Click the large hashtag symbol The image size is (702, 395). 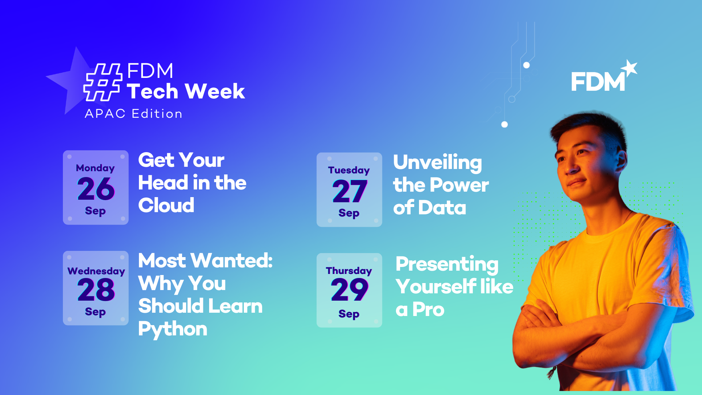(103, 82)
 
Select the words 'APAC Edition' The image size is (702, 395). (133, 114)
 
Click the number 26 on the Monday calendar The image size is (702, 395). (96, 189)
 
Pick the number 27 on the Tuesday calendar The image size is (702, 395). (350, 191)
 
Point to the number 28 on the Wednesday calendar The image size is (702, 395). (96, 289)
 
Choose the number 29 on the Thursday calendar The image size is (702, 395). (350, 289)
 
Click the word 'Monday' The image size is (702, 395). (95, 168)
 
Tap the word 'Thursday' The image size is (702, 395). (349, 271)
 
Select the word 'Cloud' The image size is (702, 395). (166, 205)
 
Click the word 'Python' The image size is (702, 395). (173, 329)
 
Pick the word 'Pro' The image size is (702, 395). (428, 309)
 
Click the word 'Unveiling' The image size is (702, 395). (438, 163)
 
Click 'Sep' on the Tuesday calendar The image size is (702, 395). (349, 213)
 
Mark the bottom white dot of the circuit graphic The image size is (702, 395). (505, 124)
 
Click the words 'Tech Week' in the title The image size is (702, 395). (186, 91)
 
